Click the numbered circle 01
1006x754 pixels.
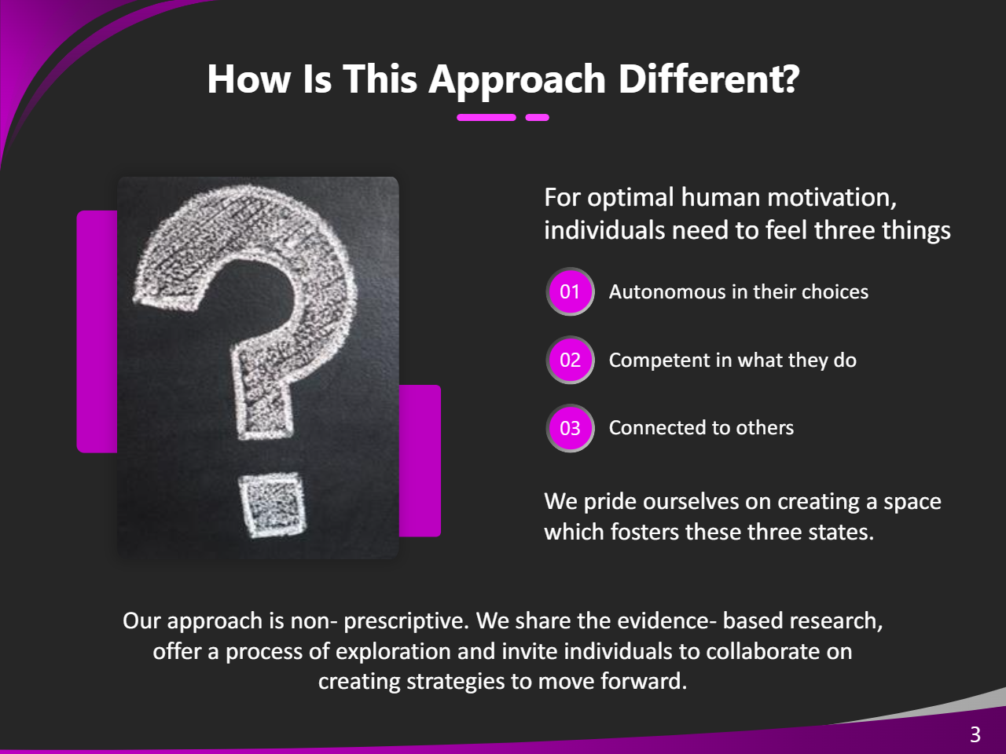point(570,291)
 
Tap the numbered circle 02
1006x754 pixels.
point(570,360)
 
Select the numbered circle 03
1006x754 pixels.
point(570,428)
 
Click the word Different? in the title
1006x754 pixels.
point(709,79)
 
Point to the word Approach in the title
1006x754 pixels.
point(517,81)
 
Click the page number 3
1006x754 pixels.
point(975,734)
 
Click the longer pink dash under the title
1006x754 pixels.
point(486,118)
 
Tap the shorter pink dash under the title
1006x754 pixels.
point(537,118)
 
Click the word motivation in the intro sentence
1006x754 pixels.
point(832,197)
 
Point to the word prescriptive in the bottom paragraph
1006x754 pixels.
point(406,622)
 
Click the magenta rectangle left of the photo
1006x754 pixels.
point(97,331)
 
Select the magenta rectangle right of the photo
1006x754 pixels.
point(420,460)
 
